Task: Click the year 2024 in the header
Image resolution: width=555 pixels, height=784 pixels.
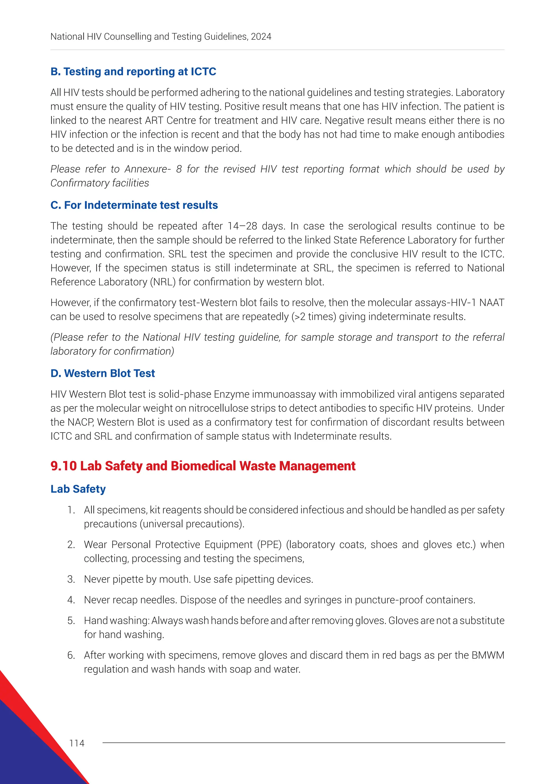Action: [x=261, y=37]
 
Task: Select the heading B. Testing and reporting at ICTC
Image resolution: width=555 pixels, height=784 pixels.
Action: [x=133, y=72]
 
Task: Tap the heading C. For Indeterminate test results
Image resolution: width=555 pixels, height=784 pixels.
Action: [x=134, y=205]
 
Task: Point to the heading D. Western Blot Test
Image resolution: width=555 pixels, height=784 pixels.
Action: [x=102, y=373]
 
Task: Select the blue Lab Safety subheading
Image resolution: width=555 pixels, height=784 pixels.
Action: [x=78, y=489]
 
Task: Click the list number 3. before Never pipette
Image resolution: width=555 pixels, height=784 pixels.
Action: [x=71, y=579]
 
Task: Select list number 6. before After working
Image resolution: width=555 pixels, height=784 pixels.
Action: [x=71, y=655]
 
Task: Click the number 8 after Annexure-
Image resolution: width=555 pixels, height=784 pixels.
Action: [x=179, y=169]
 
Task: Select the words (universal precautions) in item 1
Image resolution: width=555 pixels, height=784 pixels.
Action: [x=192, y=524]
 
